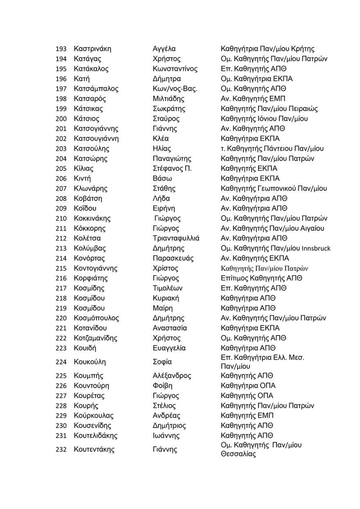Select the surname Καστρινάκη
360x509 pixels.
click(92, 49)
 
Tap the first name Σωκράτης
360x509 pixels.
click(169, 109)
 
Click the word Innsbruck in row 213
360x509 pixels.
click(316, 248)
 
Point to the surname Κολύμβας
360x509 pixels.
click(90, 248)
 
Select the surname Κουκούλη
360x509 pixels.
click(90, 362)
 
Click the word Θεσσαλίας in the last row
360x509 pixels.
click(238, 454)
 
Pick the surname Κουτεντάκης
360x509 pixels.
click(94, 450)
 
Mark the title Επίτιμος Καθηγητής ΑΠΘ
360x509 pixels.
click(261, 279)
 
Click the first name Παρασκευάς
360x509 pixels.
click(173, 259)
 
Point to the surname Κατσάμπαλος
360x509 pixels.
click(96, 89)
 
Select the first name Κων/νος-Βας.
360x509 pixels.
click(175, 89)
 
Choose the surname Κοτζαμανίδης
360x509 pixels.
click(95, 338)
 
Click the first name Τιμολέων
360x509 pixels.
click(168, 288)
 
